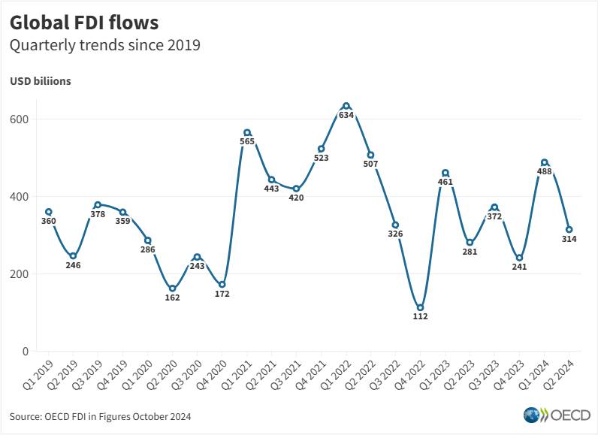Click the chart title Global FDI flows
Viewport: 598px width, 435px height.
(x=84, y=23)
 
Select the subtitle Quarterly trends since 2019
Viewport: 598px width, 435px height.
(x=105, y=45)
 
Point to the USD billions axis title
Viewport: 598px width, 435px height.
(x=41, y=81)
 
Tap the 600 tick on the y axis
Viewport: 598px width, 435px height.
(x=20, y=119)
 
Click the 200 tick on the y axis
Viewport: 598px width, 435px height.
(x=20, y=273)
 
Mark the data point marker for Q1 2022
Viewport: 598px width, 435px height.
(x=346, y=106)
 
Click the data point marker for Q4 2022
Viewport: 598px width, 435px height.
(x=420, y=308)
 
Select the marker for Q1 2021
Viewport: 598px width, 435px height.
(x=247, y=133)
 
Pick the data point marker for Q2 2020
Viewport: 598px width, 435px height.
(x=172, y=288)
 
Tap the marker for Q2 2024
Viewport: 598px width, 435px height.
(x=569, y=229)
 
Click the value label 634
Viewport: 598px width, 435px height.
(x=346, y=115)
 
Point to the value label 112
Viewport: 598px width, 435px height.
(x=420, y=316)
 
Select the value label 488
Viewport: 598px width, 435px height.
(x=544, y=171)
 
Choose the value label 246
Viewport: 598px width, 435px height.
(x=73, y=265)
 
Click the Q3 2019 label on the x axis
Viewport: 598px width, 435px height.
(x=87, y=376)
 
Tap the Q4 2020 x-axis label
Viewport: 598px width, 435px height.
(x=211, y=376)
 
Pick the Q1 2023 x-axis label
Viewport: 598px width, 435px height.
(x=434, y=376)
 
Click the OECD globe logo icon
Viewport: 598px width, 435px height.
(x=531, y=415)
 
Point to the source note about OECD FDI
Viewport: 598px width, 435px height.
(x=101, y=416)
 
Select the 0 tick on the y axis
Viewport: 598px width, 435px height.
(x=26, y=351)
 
